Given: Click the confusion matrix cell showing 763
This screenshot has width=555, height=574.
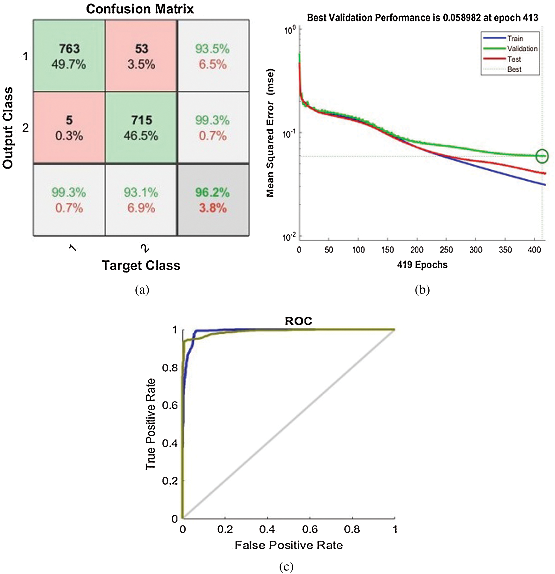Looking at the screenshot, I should tap(69, 56).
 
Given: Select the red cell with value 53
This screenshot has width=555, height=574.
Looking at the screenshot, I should tap(141, 56).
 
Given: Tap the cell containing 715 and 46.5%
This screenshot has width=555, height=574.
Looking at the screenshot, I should tap(141, 128).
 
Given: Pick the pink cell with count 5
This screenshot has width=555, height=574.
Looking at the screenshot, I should tap(69, 128).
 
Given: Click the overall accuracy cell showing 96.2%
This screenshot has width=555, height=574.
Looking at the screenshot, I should tap(213, 200).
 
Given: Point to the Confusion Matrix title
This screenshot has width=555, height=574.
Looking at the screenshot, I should tap(140, 9).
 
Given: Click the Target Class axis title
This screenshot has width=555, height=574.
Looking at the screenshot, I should tap(141, 265).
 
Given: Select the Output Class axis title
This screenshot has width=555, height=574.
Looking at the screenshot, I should tap(8, 128).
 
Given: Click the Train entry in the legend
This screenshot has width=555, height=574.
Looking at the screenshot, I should tap(515, 39).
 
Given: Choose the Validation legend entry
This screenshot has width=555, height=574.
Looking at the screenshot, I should tap(522, 49).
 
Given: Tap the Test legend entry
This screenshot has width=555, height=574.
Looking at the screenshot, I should tap(514, 59).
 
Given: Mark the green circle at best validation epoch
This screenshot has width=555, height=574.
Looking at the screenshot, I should tap(542, 156).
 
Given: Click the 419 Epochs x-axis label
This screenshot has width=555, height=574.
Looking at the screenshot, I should tap(422, 265).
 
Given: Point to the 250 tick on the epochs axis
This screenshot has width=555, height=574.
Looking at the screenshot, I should tap(446, 250).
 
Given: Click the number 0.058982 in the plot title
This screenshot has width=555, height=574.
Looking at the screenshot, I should tap(461, 18).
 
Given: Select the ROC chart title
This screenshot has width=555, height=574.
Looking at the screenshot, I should tap(298, 321).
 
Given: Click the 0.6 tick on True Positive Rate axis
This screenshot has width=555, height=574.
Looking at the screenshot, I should tap(170, 405).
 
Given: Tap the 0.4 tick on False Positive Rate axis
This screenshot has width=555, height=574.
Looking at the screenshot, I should tap(267, 529).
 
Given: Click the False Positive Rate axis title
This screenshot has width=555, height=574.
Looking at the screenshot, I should tap(289, 545).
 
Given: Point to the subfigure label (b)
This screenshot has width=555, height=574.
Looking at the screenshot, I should tap(422, 289).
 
